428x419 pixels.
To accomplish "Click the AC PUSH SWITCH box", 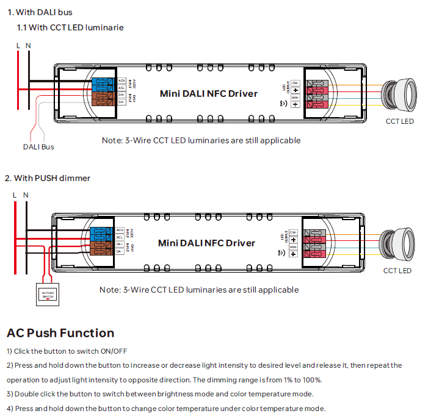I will (x=48, y=293).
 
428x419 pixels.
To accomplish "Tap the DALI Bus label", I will (x=38, y=147).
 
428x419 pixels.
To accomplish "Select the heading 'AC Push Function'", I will (x=60, y=333).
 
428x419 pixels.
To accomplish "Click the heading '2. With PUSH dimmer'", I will (x=48, y=178).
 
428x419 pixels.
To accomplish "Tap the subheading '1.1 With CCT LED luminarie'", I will (x=70, y=27).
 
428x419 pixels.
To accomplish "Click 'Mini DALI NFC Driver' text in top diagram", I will (x=208, y=94).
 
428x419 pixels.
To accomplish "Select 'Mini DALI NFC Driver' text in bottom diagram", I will (x=206, y=243).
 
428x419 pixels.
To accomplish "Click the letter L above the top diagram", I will (x=18, y=46).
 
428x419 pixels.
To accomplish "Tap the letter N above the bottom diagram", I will (x=26, y=195).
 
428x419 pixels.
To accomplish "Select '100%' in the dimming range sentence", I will (x=311, y=379).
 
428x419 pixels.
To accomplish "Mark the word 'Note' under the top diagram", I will (x=112, y=140).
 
